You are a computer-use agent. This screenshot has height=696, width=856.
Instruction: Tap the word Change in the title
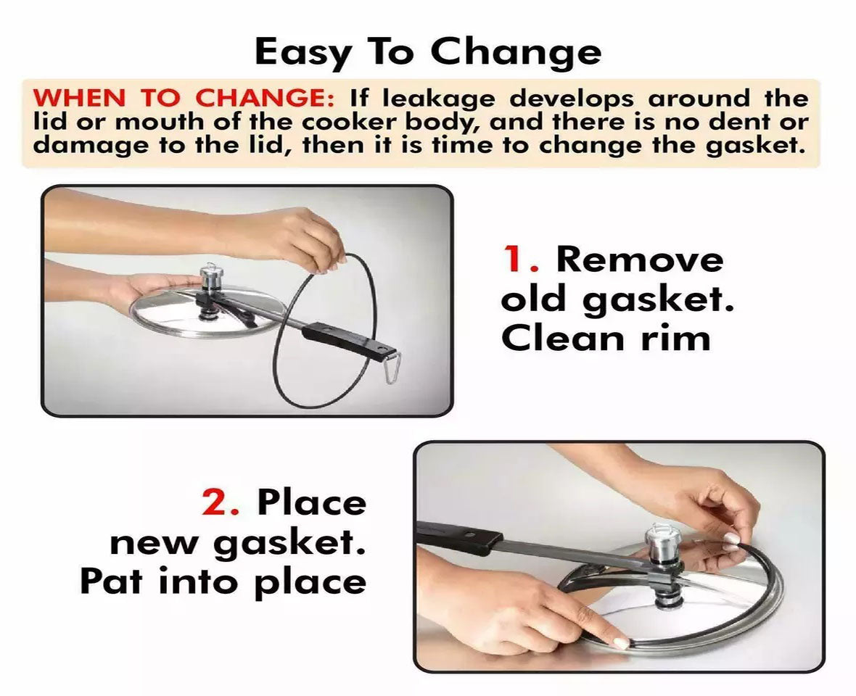pyautogui.click(x=516, y=53)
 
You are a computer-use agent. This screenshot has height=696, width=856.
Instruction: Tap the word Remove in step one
pyautogui.click(x=640, y=259)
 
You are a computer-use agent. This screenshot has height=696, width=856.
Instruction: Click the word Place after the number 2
pyautogui.click(x=312, y=504)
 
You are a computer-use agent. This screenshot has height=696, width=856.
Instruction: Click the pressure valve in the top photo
pyautogui.click(x=210, y=279)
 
